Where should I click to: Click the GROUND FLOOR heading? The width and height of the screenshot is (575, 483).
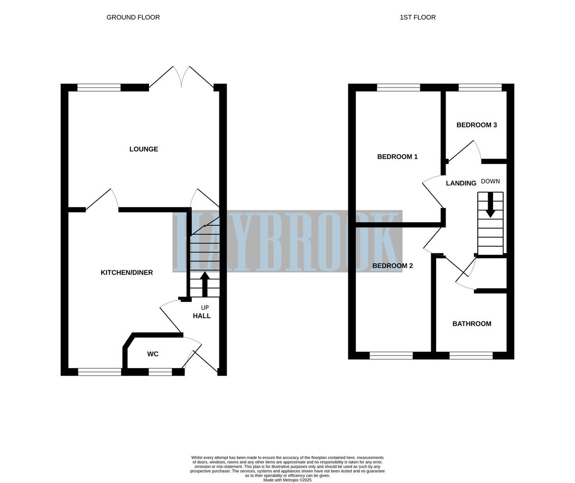coord(133,17)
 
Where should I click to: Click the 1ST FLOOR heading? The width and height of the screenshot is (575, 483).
coord(417,17)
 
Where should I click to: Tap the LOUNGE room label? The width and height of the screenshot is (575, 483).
coord(144,149)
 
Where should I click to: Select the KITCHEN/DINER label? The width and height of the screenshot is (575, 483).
coord(126,273)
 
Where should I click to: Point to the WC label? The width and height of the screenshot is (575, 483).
coord(153,354)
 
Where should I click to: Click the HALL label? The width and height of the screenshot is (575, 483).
coord(202,316)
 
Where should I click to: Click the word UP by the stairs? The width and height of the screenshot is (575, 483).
coord(205,308)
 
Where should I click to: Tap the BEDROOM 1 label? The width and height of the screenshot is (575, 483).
coord(397,157)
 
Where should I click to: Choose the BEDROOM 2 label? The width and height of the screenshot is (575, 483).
coord(392,266)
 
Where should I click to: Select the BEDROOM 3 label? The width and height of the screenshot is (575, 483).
coord(476,125)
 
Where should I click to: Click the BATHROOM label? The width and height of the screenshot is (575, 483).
coord(471,324)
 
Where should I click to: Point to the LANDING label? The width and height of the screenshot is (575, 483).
coord(461,183)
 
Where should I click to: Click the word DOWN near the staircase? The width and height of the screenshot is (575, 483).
coord(490,182)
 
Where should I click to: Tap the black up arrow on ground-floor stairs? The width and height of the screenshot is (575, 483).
coord(205,284)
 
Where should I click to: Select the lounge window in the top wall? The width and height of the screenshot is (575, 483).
coord(99,87)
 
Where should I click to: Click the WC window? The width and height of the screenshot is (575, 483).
coord(160,372)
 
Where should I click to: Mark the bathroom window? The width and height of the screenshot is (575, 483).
coord(471,356)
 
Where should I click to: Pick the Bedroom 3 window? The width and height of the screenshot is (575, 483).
coord(480,87)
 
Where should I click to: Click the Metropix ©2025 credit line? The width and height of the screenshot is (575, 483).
coord(287,480)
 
